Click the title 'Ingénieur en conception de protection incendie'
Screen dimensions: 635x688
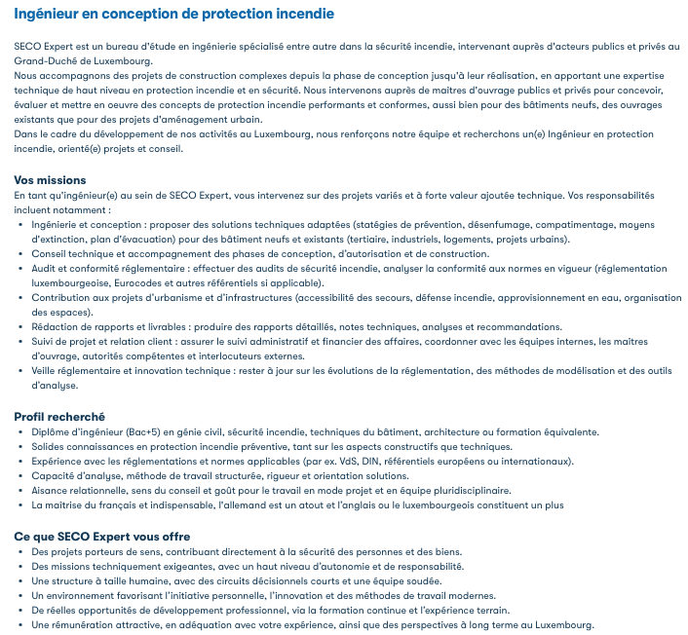point(173,15)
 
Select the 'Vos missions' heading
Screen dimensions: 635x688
point(50,180)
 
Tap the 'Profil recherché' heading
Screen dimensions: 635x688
point(58,417)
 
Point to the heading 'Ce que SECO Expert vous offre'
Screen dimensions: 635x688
point(101,537)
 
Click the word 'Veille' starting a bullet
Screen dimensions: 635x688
point(46,372)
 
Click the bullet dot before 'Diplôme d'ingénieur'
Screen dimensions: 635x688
point(22,432)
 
